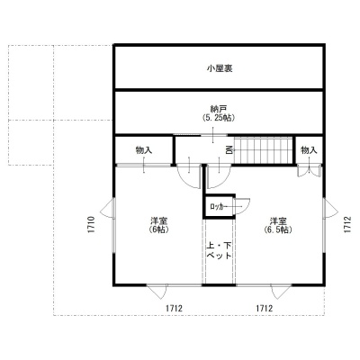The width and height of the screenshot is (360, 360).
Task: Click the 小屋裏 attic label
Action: pos(220,68)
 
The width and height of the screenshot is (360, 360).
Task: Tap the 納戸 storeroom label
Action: pos(219,109)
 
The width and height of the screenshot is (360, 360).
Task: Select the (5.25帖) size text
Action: pos(219,118)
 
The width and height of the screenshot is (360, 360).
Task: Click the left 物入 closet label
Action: pos(144,150)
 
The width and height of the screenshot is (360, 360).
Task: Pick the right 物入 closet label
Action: pos(309,150)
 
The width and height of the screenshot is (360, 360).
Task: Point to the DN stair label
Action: pos(229,149)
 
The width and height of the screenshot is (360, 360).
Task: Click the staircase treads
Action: pos(264,150)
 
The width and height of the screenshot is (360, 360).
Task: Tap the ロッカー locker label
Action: pos(217,207)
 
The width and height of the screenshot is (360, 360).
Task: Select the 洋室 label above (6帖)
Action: pos(158,221)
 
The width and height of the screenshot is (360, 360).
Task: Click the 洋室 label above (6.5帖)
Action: pos(278,221)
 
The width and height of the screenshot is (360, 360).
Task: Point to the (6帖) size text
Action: pos(158,229)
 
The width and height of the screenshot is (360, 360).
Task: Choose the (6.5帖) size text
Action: pos(278,229)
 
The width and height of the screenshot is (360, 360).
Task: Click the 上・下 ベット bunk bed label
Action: pos(219,251)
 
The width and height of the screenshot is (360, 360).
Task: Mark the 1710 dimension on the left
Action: pos(92,225)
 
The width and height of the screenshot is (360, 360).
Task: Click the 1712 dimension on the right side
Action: pos(347,225)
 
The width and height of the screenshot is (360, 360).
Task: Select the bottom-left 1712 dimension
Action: pos(174,309)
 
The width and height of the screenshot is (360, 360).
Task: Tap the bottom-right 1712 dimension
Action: pos(264,309)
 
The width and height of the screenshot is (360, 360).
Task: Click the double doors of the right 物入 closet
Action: pos(309,171)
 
